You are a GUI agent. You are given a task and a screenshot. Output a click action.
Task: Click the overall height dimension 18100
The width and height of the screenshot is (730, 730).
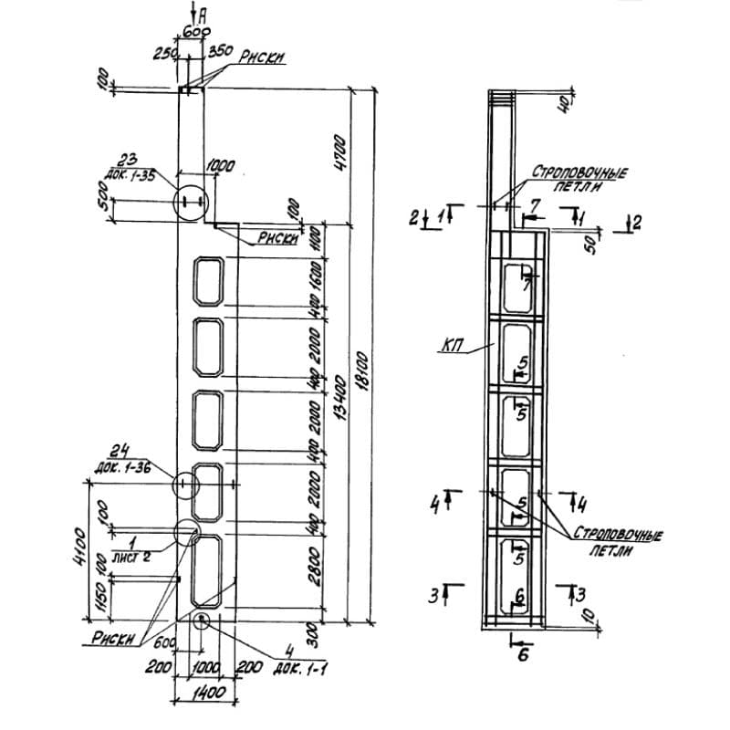(361, 357)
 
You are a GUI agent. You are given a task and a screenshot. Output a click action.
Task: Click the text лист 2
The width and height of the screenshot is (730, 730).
(130, 553)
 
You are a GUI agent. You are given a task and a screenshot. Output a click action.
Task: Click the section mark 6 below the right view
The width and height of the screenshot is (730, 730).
(523, 653)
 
